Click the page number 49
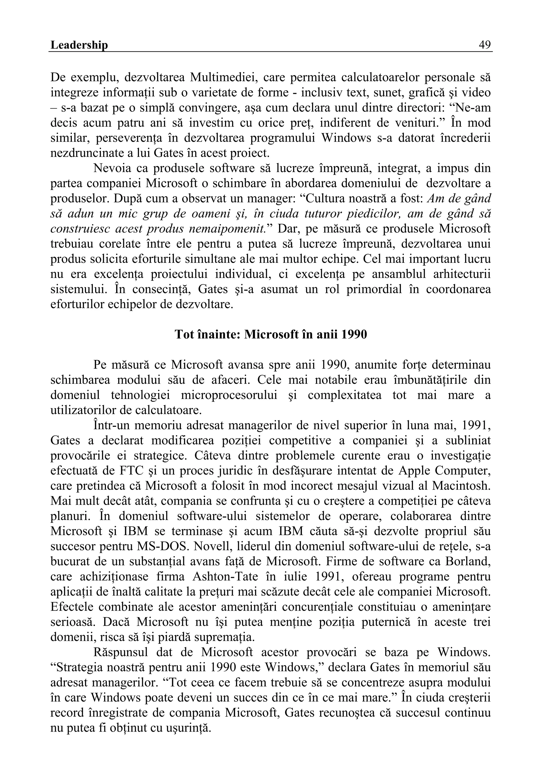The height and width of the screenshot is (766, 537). pos(484,45)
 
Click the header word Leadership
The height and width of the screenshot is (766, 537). pos(79,45)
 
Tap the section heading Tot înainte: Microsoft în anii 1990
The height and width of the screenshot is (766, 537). pos(271,334)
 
